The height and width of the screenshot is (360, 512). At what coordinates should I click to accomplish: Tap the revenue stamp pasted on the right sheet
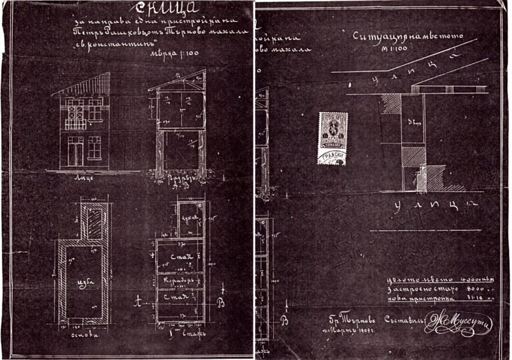(333, 136)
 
